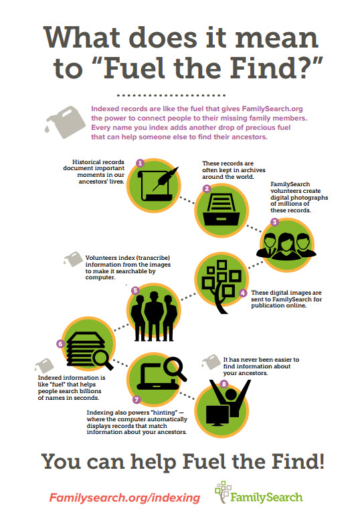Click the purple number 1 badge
click(x=140, y=163)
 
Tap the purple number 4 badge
click(x=242, y=293)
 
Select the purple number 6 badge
click(x=60, y=344)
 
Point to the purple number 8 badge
click(x=223, y=384)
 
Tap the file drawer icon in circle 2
click(x=221, y=210)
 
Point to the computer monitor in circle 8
click(x=217, y=415)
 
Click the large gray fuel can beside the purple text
click(x=65, y=122)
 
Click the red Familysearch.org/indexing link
click(x=124, y=498)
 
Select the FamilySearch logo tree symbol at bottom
click(x=223, y=492)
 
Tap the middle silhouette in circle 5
click(x=154, y=316)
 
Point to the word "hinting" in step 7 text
click(x=164, y=413)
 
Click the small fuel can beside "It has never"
click(x=211, y=362)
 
